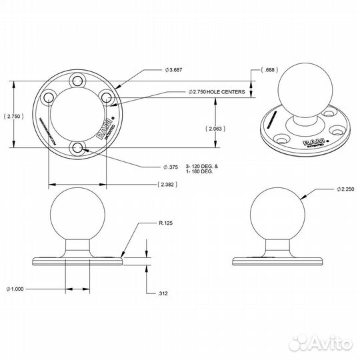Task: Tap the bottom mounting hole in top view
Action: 78,148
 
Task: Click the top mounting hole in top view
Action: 79,81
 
